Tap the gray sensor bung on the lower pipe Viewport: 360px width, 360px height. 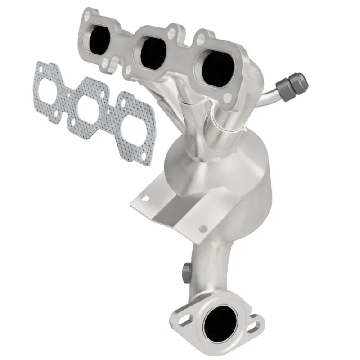pos(185,271)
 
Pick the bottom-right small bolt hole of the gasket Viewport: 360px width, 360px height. pos(143,157)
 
